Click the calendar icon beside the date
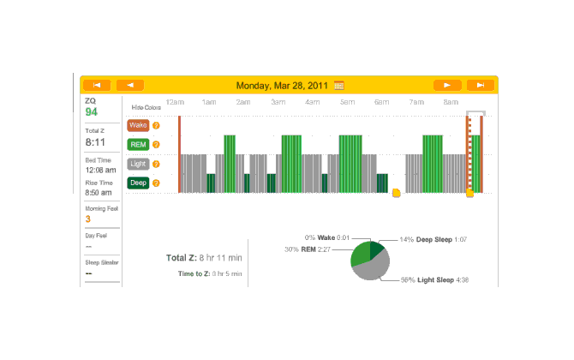tap(339, 85)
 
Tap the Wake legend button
tap(138, 125)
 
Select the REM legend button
tap(138, 144)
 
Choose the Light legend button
tap(138, 163)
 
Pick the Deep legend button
tap(138, 182)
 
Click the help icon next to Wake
tap(156, 125)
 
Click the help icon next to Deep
tap(156, 182)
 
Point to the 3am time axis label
tap(278, 102)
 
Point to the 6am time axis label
tap(381, 102)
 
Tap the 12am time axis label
tap(175, 102)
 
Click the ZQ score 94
tap(91, 112)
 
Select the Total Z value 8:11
tap(94, 142)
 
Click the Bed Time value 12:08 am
tap(99, 170)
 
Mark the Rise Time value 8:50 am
tap(99, 193)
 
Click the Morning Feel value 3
tap(87, 219)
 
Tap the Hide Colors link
tap(146, 108)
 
